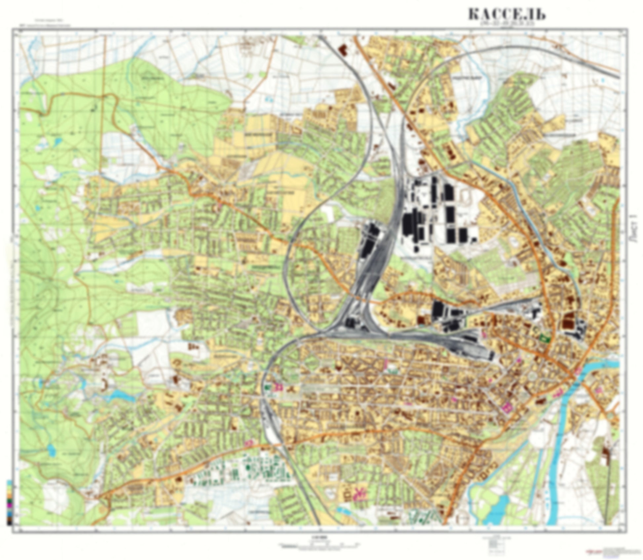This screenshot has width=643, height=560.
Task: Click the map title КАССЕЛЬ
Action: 507,15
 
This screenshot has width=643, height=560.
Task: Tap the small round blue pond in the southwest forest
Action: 52,449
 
